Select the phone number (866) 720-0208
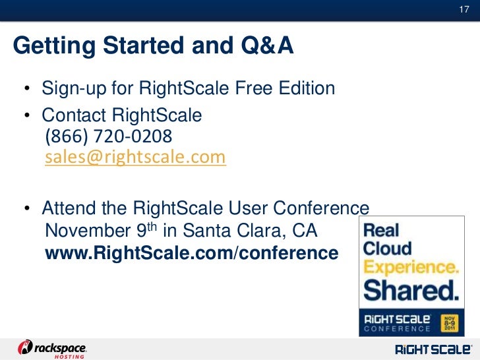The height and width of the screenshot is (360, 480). pyautogui.click(x=108, y=136)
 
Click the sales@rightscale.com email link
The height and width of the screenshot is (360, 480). pyautogui.click(x=135, y=158)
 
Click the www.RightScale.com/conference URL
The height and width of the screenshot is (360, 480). pyautogui.click(x=191, y=252)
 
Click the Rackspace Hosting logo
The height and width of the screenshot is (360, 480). pyautogui.click(x=53, y=347)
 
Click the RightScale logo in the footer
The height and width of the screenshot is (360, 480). pyautogui.click(x=433, y=347)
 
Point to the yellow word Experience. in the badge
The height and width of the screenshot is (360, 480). pyautogui.click(x=411, y=268)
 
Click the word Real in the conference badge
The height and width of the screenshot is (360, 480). pyautogui.click(x=382, y=230)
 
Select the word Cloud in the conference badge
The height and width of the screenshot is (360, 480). pyautogui.click(x=388, y=249)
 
